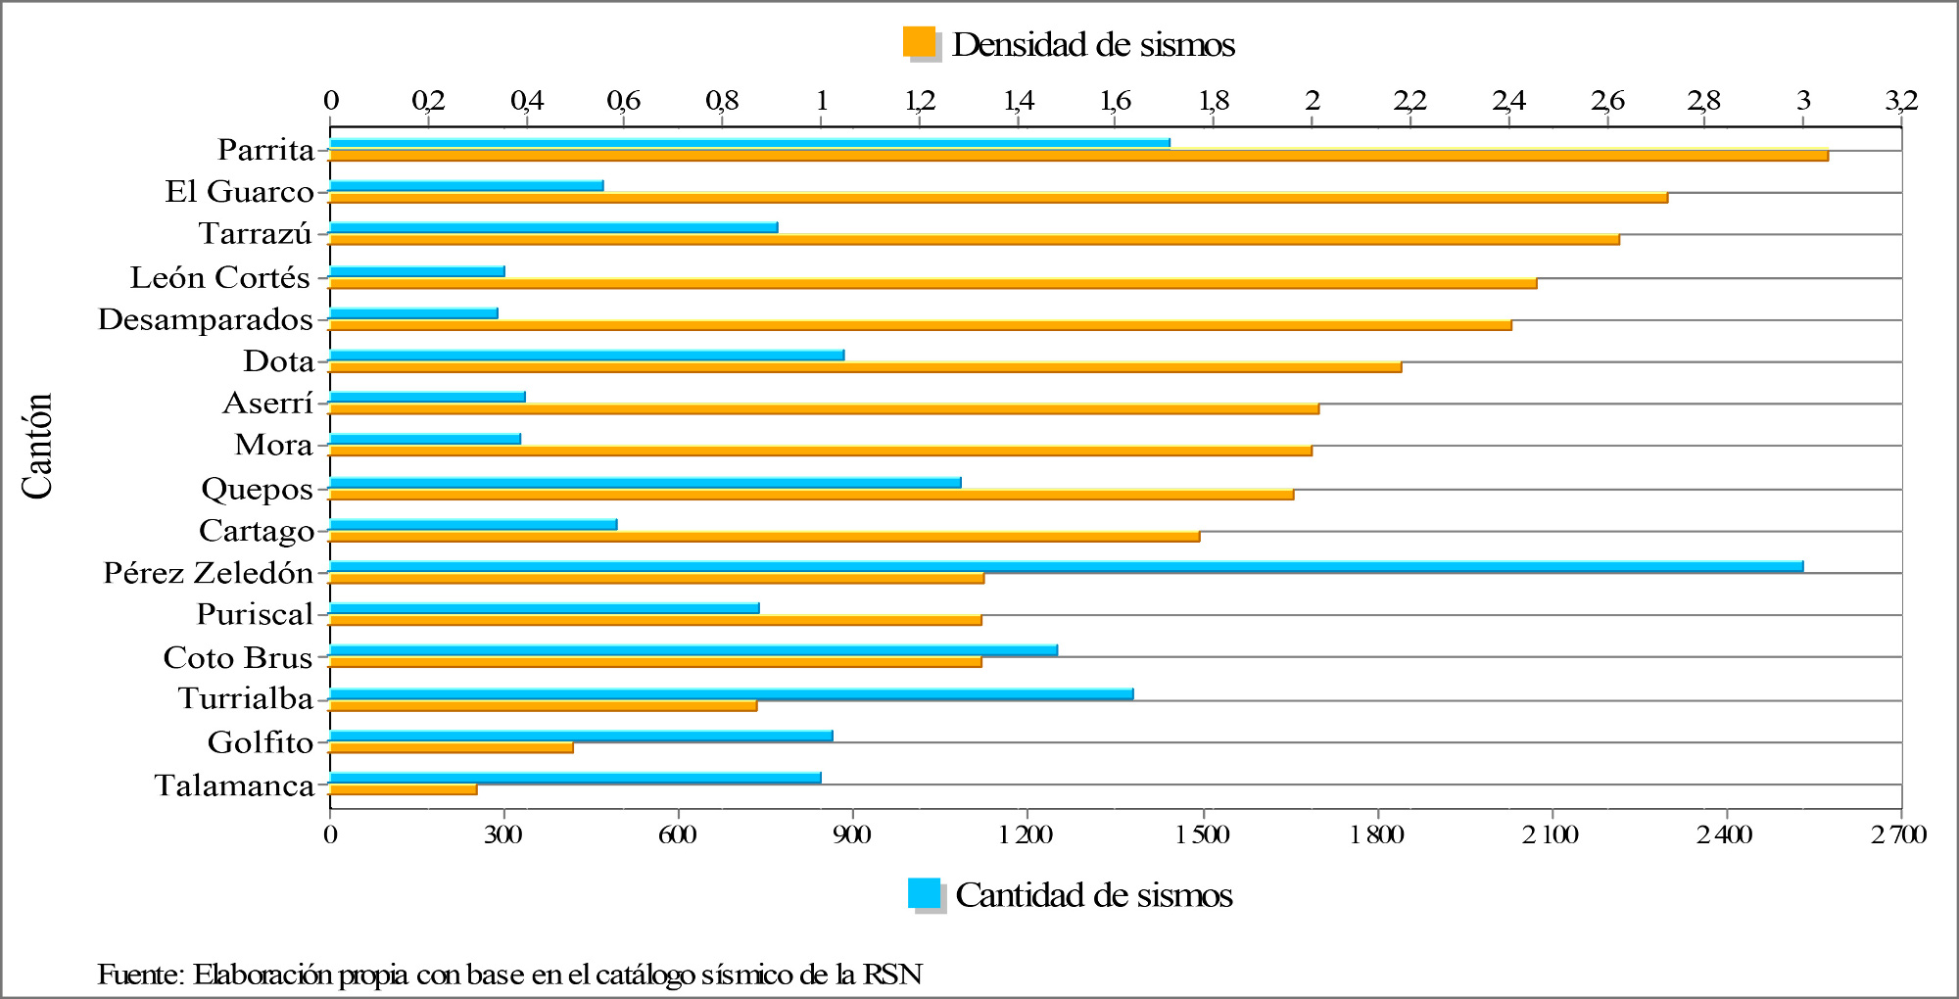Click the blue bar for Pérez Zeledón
tap(1066, 566)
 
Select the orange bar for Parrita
tap(1077, 156)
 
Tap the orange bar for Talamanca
tap(404, 789)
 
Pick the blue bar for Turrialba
tap(731, 693)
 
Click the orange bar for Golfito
tap(451, 747)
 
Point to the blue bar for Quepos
tap(645, 482)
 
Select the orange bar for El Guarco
tap(997, 198)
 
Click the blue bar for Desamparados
tap(413, 313)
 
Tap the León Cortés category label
tap(219, 277)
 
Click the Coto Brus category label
tap(237, 657)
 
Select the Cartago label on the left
tap(257, 531)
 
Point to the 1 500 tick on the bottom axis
tap(1203, 834)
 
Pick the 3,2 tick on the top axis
tap(1900, 100)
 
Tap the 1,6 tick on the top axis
tap(1116, 100)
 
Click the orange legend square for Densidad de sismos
tap(920, 43)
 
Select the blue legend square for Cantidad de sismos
tap(925, 893)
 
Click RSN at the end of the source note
tap(893, 975)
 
